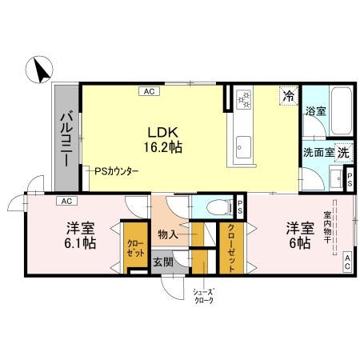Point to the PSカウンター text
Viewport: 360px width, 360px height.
[117, 171]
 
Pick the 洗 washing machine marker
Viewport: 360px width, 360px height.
[342, 151]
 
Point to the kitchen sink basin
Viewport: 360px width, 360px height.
[244, 147]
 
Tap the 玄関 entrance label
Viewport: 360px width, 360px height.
[163, 262]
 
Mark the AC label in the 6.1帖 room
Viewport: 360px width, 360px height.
[66, 201]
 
